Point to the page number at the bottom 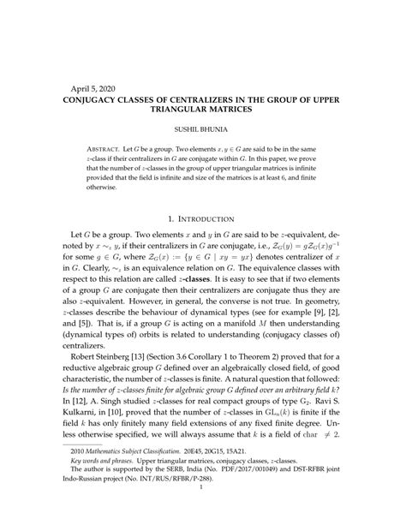[203, 512]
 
